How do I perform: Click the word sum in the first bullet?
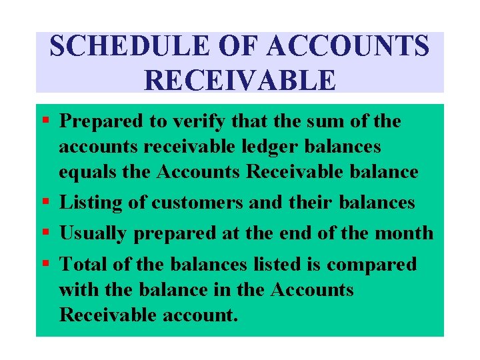click(x=313, y=121)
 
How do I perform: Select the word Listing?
click(x=94, y=202)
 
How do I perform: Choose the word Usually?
click(x=94, y=233)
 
